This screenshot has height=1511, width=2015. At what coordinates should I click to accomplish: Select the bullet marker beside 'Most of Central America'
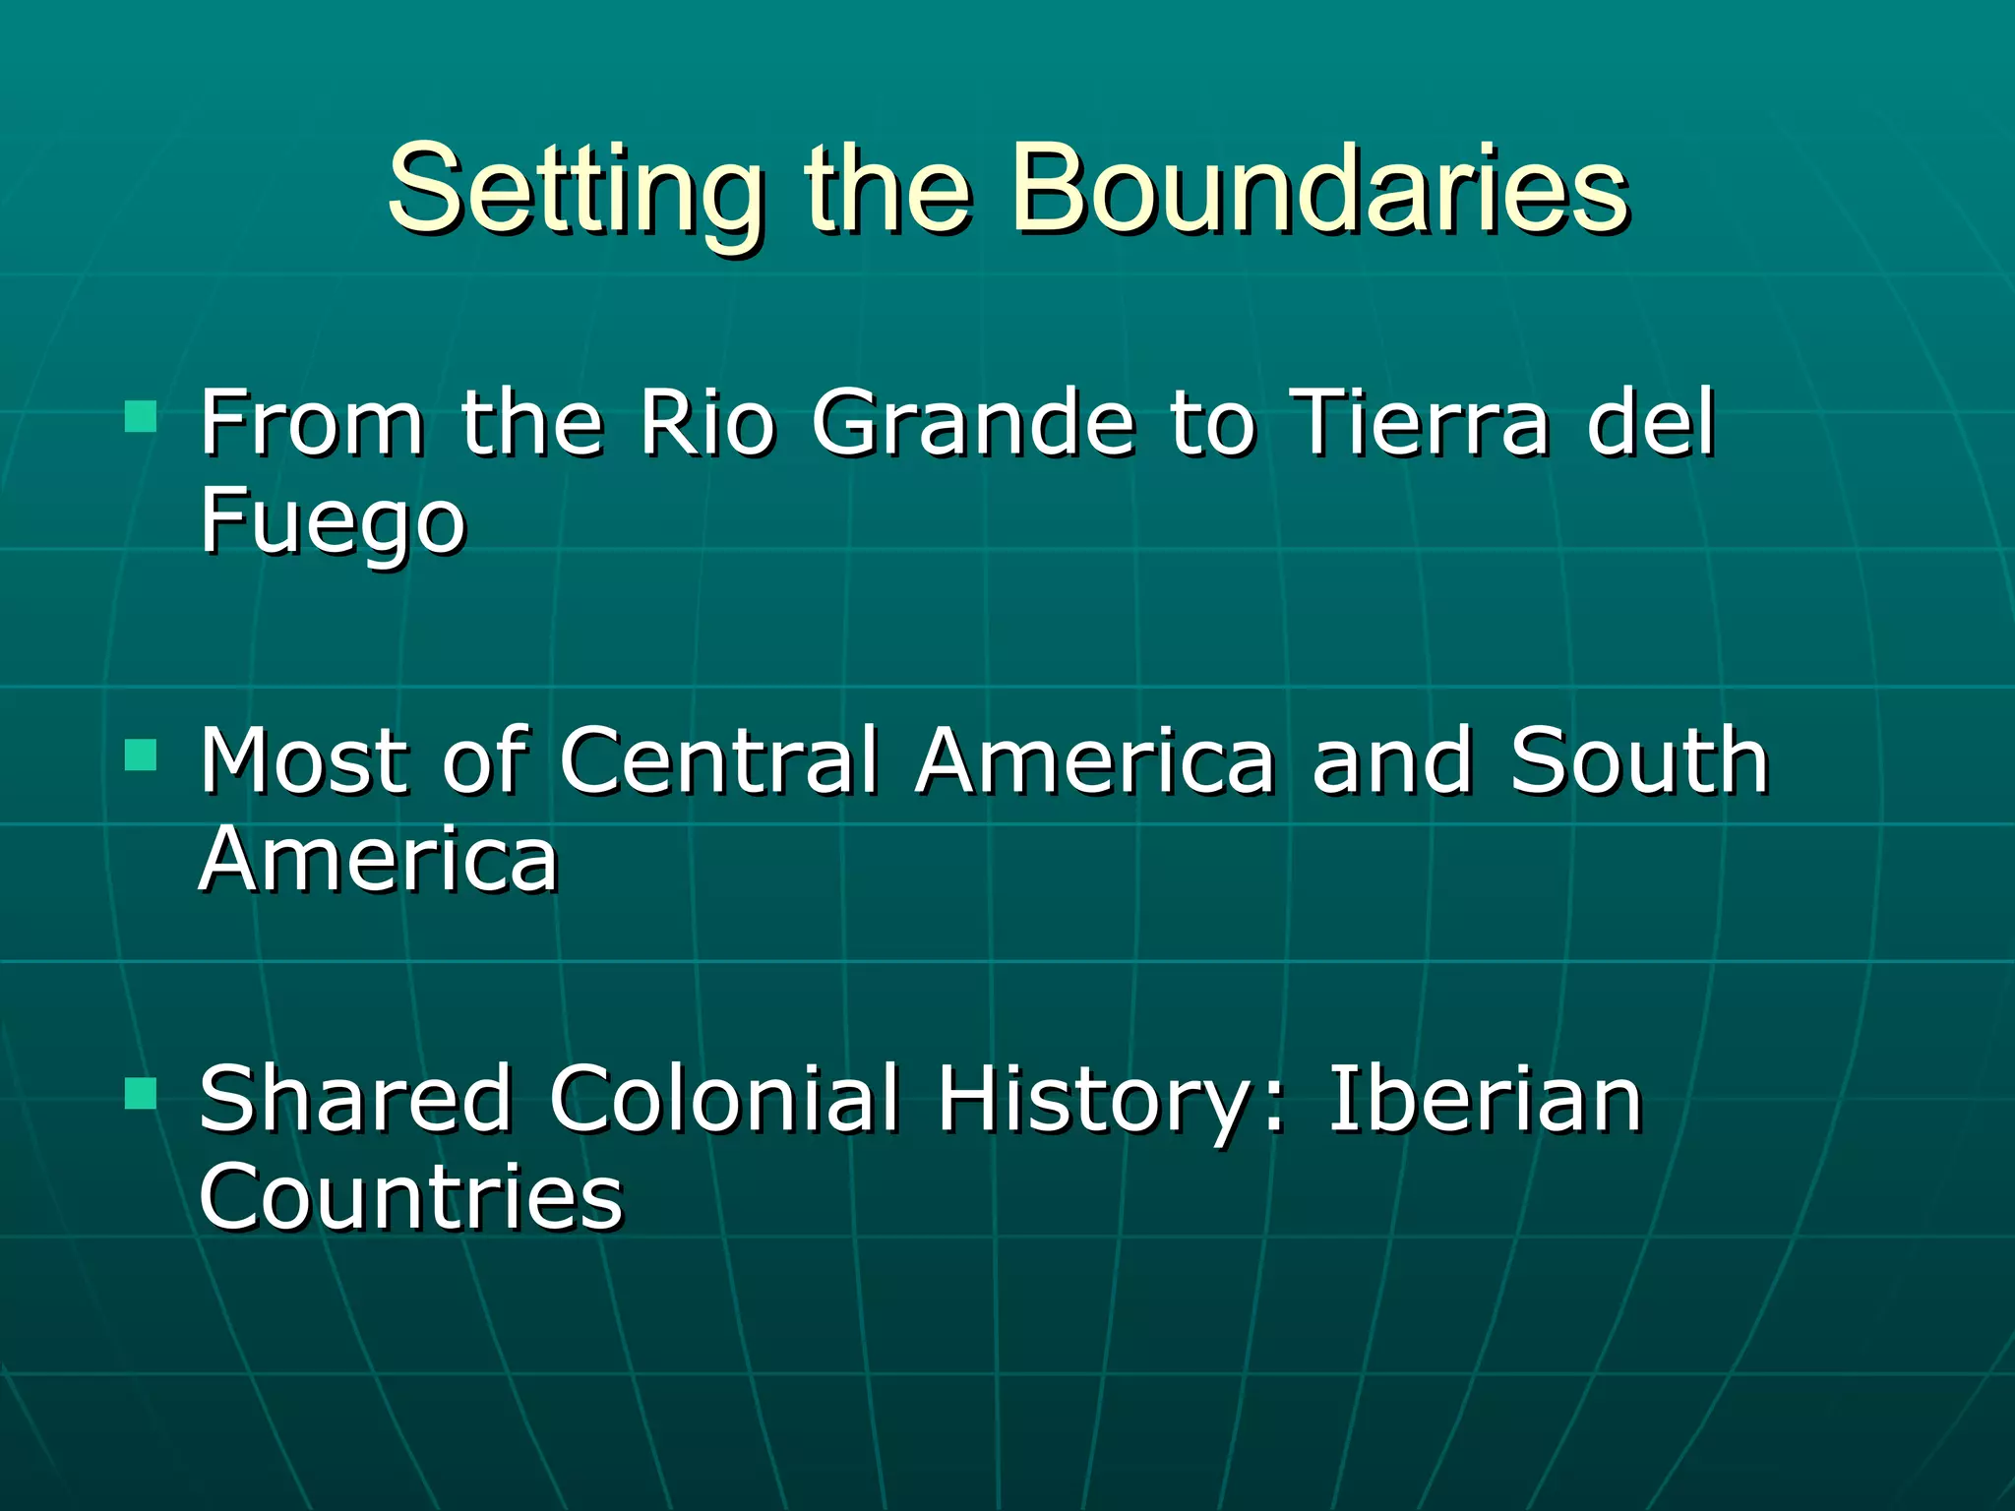(x=142, y=755)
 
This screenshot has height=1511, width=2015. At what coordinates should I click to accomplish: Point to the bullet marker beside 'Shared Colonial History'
(x=142, y=1092)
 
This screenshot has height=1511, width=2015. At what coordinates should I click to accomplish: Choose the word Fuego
(x=333, y=521)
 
